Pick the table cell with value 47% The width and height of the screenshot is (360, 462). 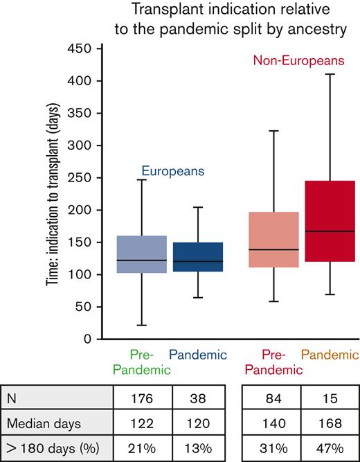327,446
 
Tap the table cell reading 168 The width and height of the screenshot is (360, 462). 327,423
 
